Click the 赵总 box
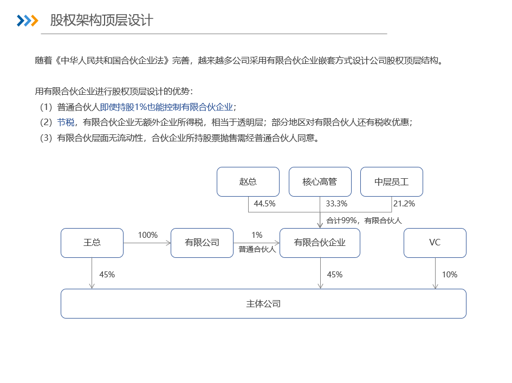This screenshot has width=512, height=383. pyautogui.click(x=248, y=182)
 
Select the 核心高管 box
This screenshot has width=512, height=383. pyautogui.click(x=320, y=182)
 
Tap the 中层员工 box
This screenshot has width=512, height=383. pyautogui.click(x=392, y=182)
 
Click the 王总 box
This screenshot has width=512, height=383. pyautogui.click(x=92, y=243)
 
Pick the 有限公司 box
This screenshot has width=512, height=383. pyautogui.click(x=202, y=243)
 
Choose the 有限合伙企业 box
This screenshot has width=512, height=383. pyautogui.click(x=320, y=243)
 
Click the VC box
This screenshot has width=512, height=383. pyautogui.click(x=435, y=243)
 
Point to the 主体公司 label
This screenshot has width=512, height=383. pyautogui.click(x=263, y=304)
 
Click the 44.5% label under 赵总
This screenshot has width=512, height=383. pyautogui.click(x=264, y=204)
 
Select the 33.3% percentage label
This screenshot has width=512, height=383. pyautogui.click(x=336, y=204)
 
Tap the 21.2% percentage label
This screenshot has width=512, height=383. pyautogui.click(x=404, y=204)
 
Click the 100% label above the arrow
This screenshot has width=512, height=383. pyautogui.click(x=147, y=235)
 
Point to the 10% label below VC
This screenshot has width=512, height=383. pyautogui.click(x=450, y=275)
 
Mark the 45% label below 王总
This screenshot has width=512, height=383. pyautogui.click(x=107, y=275)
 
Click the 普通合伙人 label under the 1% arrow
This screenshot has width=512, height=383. pyautogui.click(x=257, y=249)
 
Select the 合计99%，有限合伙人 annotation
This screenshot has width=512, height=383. pyautogui.click(x=364, y=220)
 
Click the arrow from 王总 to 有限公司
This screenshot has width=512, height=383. pyautogui.click(x=147, y=243)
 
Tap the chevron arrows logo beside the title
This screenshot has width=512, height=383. pyautogui.click(x=28, y=21)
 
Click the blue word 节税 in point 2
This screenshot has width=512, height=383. pyautogui.click(x=66, y=122)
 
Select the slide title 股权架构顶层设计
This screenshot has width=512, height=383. pyautogui.click(x=101, y=20)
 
